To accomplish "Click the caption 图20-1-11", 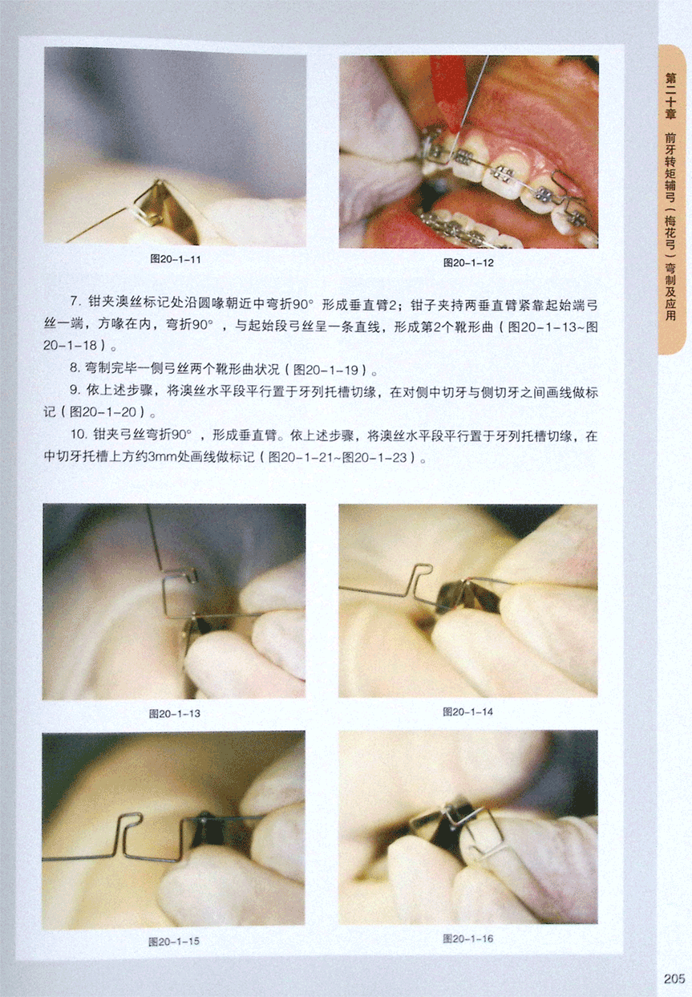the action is tap(176, 260).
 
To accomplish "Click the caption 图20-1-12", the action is tap(468, 262).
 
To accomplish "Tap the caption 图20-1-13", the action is tap(175, 714).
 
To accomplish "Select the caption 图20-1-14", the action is tap(467, 712).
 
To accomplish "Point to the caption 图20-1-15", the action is tap(174, 942).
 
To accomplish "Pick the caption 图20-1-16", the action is tap(467, 939).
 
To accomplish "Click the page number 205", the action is tap(674, 979).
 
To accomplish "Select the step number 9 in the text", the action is tap(75, 391).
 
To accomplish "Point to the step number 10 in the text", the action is tap(78, 435).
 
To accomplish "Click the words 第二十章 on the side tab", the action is tap(670, 96).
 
